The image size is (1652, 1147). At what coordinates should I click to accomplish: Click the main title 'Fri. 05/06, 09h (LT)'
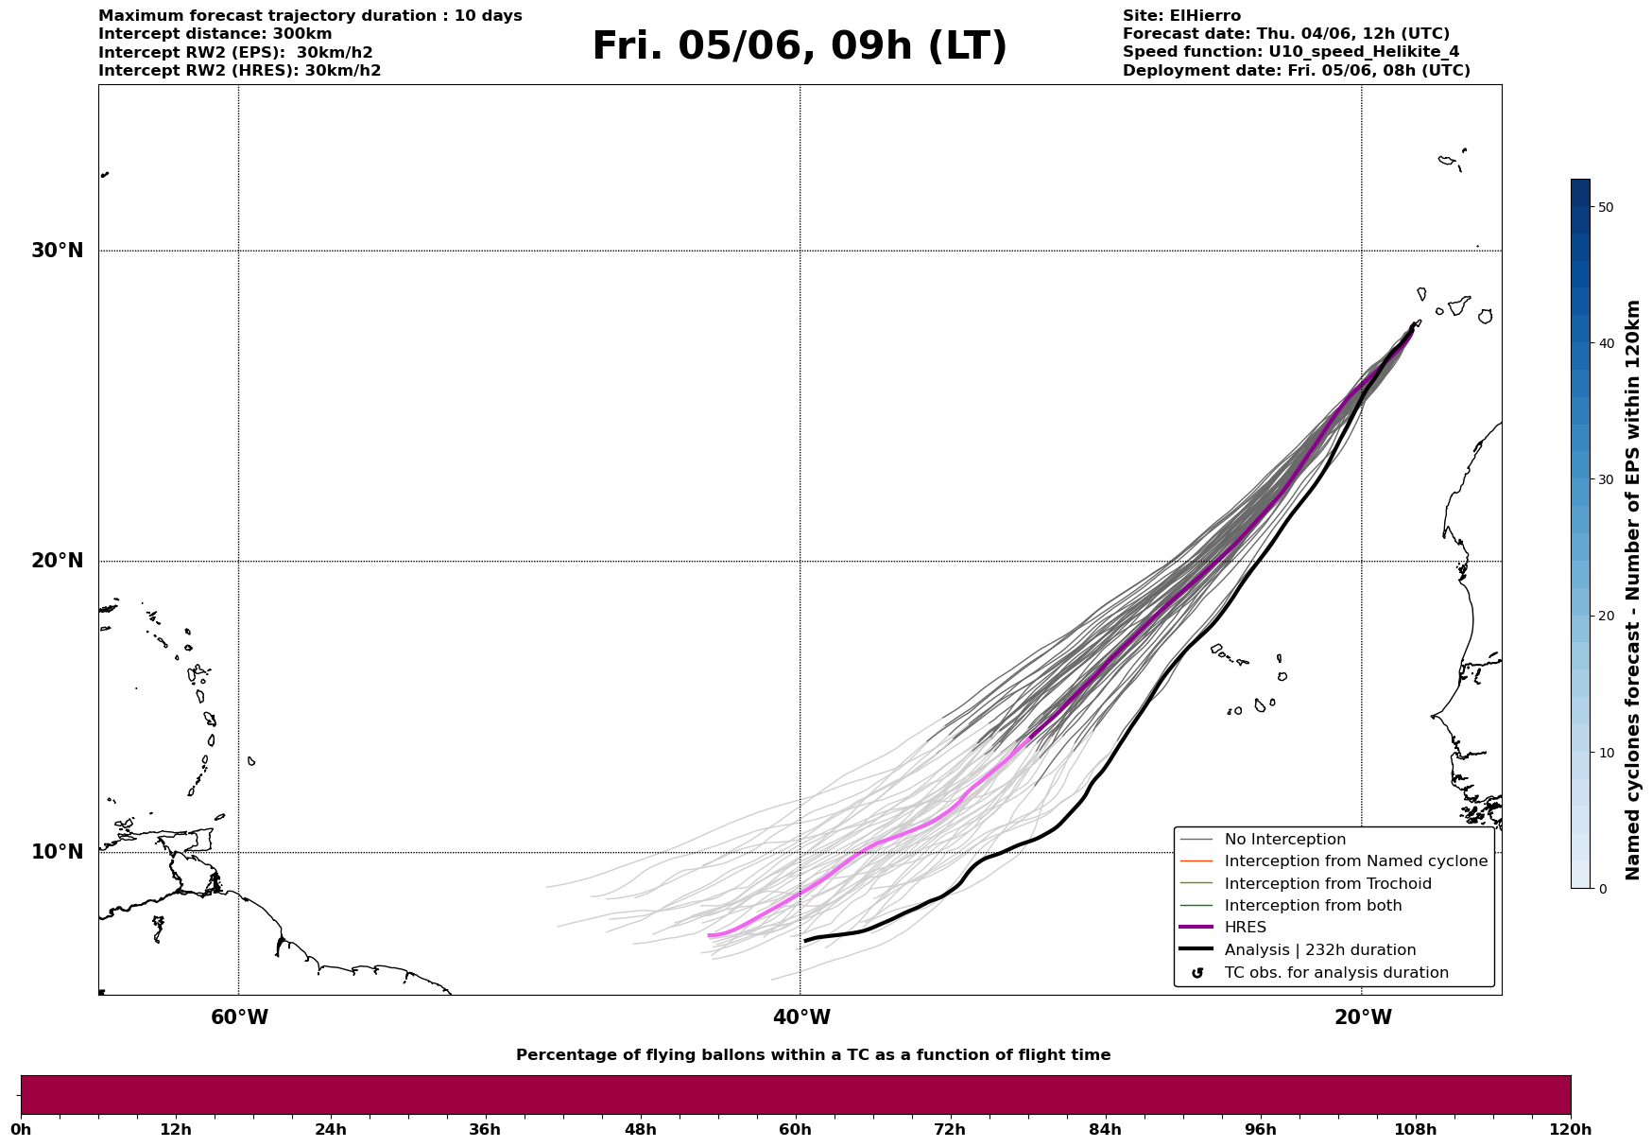point(800,46)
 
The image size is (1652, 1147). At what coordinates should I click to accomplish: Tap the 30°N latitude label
point(58,251)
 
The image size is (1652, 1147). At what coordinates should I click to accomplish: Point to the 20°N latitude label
point(58,561)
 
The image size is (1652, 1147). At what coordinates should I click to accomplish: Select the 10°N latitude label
point(58,852)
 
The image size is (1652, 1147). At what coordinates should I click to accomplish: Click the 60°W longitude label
point(239,1017)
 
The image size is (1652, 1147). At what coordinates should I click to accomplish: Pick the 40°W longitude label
point(801,1017)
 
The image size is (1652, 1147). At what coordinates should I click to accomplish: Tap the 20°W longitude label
point(1363,1017)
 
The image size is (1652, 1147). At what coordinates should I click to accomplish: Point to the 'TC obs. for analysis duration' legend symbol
point(1197,973)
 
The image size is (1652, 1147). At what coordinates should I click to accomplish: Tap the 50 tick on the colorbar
point(1606,207)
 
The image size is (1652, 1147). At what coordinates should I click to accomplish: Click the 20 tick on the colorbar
point(1606,616)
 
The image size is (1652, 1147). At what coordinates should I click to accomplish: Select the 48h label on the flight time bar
point(640,1129)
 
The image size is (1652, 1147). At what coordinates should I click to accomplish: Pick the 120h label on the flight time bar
point(1571,1129)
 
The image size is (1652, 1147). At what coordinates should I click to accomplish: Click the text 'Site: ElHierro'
point(1181,16)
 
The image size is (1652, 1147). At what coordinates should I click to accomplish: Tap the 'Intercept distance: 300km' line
point(215,34)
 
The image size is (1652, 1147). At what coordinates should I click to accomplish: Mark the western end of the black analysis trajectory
point(805,940)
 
